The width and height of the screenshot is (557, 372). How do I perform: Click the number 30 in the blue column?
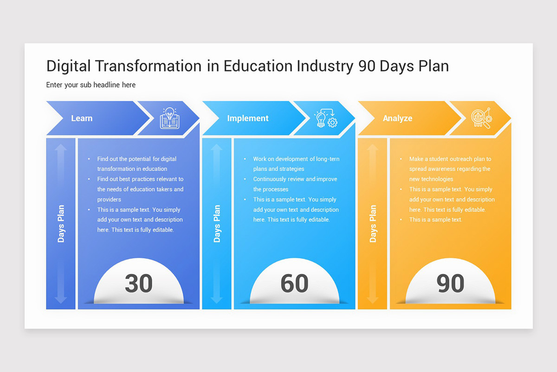tap(138, 283)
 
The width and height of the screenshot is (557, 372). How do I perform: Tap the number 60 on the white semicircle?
tap(294, 283)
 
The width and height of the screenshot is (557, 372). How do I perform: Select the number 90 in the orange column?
tap(450, 283)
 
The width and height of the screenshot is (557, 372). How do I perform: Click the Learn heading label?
tap(82, 119)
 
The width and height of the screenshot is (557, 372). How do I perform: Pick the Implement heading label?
tap(248, 119)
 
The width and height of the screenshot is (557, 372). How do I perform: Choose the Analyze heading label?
tap(397, 119)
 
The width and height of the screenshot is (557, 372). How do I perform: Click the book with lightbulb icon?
tap(169, 118)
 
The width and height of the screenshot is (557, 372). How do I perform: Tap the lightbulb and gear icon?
tap(325, 118)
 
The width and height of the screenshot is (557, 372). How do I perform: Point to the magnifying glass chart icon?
tap(481, 118)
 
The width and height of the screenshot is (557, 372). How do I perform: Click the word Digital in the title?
tap(69, 66)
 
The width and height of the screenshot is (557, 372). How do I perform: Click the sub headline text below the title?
tap(91, 85)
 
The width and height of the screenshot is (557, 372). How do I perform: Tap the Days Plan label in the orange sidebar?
tap(373, 224)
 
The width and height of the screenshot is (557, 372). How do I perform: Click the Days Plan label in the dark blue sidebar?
tap(61, 224)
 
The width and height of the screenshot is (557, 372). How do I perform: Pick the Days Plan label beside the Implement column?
tap(217, 224)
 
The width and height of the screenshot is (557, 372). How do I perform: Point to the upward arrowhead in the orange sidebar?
tap(373, 148)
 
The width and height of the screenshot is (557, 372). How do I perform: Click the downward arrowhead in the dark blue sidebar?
tap(61, 299)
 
